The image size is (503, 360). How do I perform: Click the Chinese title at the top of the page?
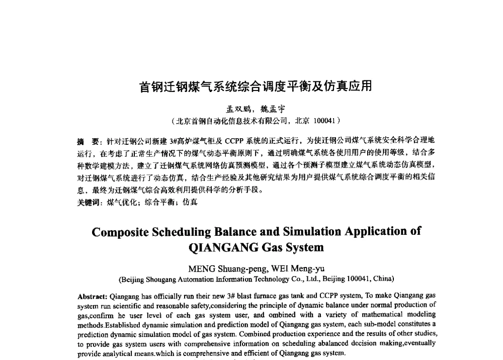pyautogui.click(x=255, y=87)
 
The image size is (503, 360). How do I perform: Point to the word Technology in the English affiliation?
pyautogui.click(x=262, y=279)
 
